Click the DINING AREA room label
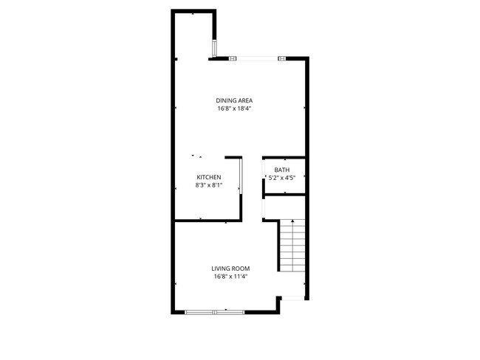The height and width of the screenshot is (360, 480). point(234,100)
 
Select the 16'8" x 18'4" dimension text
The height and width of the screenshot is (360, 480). point(234,108)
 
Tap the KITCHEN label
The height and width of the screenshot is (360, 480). point(209,177)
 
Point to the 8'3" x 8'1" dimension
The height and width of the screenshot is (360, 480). point(209,185)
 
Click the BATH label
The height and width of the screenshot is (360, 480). point(282,170)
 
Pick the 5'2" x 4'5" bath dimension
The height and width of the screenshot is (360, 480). point(282,178)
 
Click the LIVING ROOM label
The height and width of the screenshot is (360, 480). point(230,269)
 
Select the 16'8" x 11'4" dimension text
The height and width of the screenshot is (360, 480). point(230,277)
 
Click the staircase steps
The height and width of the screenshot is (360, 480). point(293,246)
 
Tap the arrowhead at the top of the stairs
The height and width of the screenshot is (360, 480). point(293,221)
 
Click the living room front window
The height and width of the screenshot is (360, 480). point(215,312)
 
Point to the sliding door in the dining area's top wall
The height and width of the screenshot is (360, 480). point(258,58)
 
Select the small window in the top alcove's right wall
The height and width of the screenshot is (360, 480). point(215,48)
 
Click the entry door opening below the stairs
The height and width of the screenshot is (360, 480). point(293,298)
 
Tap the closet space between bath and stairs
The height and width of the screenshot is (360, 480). point(285,207)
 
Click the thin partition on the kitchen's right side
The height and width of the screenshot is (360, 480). point(241,176)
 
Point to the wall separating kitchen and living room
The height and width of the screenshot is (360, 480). point(208,221)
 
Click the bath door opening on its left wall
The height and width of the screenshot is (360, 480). point(264,169)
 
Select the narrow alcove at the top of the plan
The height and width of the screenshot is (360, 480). point(193,34)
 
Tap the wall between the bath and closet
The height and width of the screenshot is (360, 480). point(284,195)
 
